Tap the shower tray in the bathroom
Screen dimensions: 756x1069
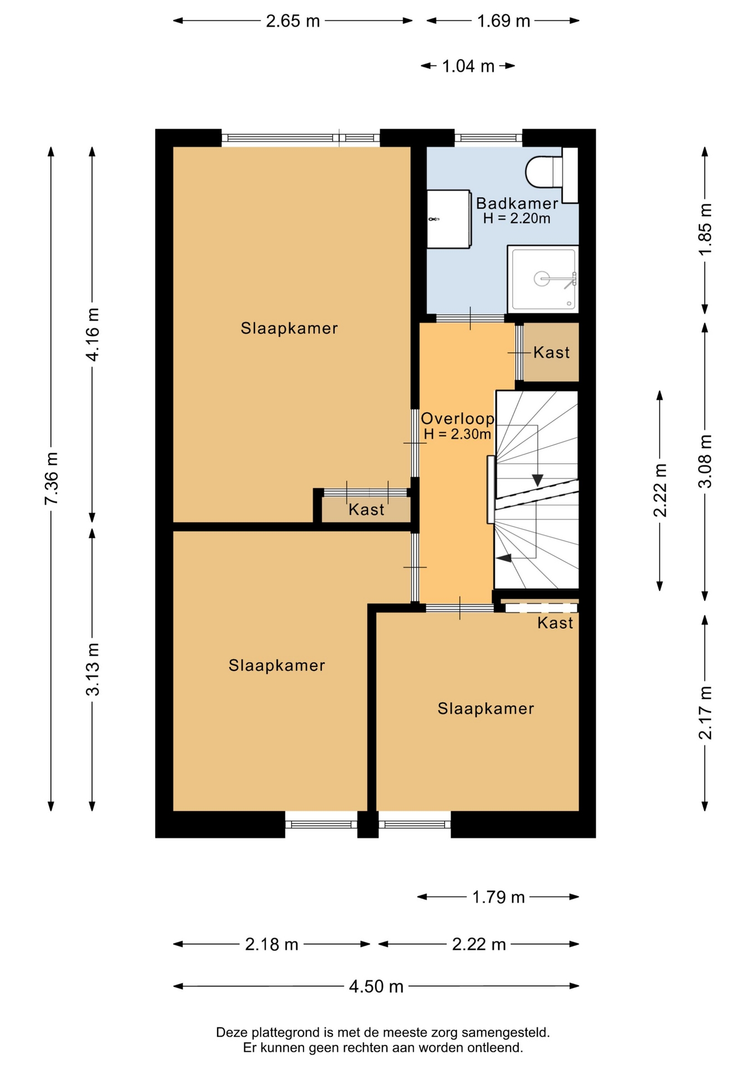pyautogui.click(x=543, y=279)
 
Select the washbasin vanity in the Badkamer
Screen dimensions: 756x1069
pyautogui.click(x=449, y=219)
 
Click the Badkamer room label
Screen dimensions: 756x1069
pyautogui.click(x=517, y=203)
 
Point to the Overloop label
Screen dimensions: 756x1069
pyautogui.click(x=458, y=419)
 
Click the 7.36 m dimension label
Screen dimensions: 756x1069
pyautogui.click(x=51, y=479)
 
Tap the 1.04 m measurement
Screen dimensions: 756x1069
pyautogui.click(x=468, y=66)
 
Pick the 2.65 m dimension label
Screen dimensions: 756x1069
pyautogui.click(x=293, y=21)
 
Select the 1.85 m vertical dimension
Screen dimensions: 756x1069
pyautogui.click(x=705, y=229)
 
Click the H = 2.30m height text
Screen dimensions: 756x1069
pyautogui.click(x=457, y=434)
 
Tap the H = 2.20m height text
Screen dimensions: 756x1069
pyautogui.click(x=517, y=218)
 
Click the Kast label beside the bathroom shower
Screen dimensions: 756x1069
pyautogui.click(x=552, y=352)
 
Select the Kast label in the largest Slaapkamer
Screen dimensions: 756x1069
pyautogui.click(x=366, y=509)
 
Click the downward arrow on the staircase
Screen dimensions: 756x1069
pyautogui.click(x=537, y=479)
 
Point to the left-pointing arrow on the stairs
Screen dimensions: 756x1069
pyautogui.click(x=504, y=558)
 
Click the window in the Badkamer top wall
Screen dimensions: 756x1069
pyautogui.click(x=488, y=138)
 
